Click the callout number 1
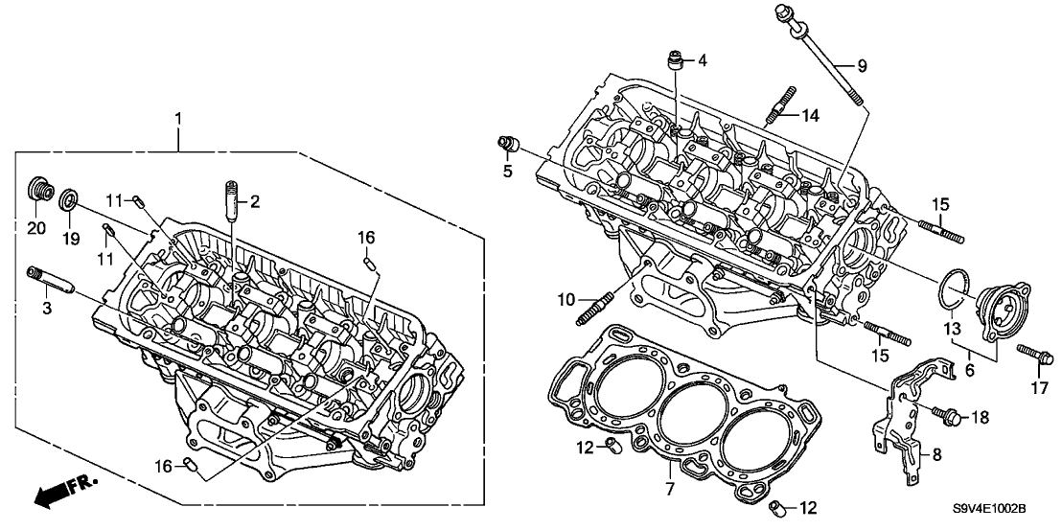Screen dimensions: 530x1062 (176, 119)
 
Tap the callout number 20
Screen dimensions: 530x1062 (36, 227)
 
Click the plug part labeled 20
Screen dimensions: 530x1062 (39, 189)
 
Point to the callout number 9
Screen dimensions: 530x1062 (861, 66)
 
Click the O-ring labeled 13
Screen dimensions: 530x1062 (956, 286)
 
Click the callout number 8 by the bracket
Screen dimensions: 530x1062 (937, 454)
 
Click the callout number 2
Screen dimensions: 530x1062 (254, 201)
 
